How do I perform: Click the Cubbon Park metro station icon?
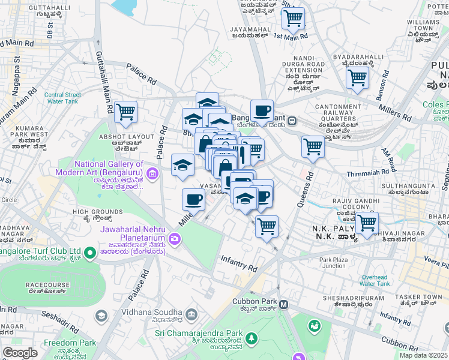284,305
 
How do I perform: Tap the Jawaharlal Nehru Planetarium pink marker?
175,239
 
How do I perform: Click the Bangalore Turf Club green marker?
89,254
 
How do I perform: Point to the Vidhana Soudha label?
158,313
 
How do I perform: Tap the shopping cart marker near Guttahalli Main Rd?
125,111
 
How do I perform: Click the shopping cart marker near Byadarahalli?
357,77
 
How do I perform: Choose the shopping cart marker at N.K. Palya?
367,223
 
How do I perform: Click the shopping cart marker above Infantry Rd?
267,226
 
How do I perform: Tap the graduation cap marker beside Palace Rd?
182,165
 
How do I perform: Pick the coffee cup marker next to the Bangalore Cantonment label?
262,110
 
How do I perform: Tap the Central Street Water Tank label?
63,98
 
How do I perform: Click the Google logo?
20,353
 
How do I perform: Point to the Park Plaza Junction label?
333,263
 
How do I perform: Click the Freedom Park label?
70,343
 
